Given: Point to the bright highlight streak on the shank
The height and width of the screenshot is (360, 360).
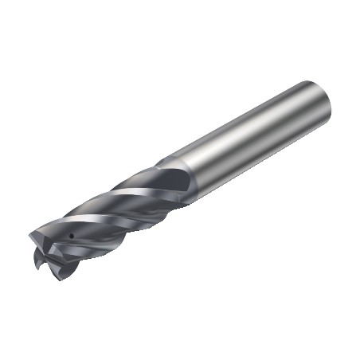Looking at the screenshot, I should [255, 119].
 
